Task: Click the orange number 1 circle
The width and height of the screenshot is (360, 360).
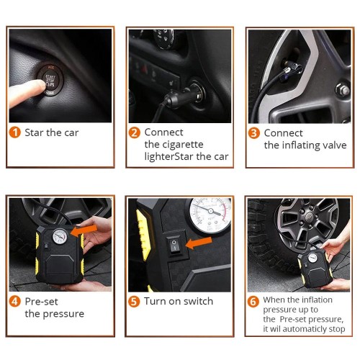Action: point(15,132)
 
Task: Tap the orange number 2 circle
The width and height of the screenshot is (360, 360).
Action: point(135,132)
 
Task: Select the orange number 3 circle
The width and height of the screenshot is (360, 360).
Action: point(254,133)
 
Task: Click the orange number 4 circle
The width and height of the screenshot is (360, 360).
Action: point(15,302)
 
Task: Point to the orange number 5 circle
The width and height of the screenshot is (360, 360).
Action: point(134,302)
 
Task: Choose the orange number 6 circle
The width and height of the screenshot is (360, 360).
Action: point(253,302)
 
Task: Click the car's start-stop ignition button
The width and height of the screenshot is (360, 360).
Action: point(50,80)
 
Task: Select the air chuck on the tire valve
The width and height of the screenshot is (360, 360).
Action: point(292,68)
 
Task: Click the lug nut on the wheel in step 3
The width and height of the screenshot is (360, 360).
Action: point(343,90)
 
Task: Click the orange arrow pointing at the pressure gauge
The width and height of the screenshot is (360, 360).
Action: point(84,231)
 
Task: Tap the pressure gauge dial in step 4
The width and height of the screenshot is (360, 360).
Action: point(60,236)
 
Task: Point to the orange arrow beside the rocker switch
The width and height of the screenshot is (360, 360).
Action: point(199,243)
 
